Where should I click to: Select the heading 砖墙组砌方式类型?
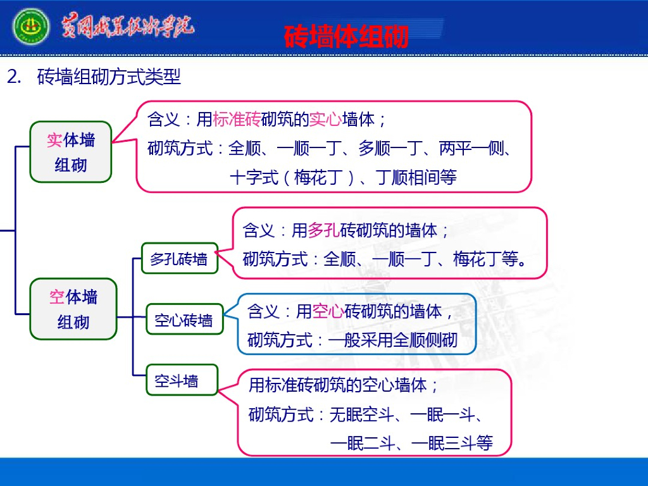coord(109,77)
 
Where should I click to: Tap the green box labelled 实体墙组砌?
coord(71,153)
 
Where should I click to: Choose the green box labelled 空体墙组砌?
coord(73,309)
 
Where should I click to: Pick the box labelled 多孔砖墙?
coord(179,259)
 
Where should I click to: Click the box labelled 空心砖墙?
coord(184,321)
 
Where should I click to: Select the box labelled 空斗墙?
coord(177,381)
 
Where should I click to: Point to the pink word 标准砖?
coord(237,119)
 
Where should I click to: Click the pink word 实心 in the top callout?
coord(326,119)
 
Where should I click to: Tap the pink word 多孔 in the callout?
coord(323,230)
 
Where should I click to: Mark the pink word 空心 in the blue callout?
coord(328,311)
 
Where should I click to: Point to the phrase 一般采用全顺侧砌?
coord(392,340)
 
